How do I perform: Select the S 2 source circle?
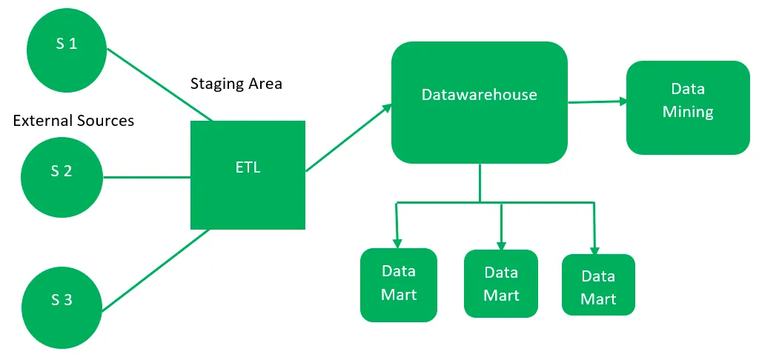point(62,172)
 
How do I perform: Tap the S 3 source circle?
point(62,301)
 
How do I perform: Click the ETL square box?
point(248,175)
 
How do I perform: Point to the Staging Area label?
point(236,84)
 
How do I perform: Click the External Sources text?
point(74,121)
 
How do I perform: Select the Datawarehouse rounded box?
point(479,102)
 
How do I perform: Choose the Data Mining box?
point(688,107)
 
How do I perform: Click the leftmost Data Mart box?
point(399,284)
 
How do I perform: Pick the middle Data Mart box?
point(501,284)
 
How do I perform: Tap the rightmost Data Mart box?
point(598,287)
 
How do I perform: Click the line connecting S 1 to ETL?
point(159,84)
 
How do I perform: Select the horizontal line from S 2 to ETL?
point(148,177)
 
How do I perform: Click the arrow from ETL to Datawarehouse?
point(348,138)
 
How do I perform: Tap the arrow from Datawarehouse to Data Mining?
point(597,102)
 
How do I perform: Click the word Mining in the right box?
point(688,113)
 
